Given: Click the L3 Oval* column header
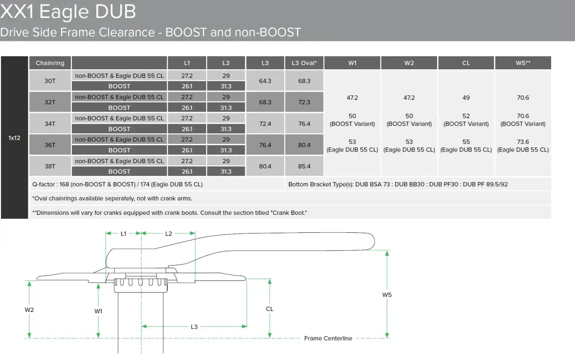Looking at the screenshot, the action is click(304, 63).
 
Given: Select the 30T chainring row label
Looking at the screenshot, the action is click(50, 81).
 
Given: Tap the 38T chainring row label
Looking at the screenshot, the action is click(50, 166).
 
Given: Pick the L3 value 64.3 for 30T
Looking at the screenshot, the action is click(265, 81).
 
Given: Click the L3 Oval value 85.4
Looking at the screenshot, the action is click(304, 166).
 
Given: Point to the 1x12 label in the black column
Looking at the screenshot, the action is click(14, 138).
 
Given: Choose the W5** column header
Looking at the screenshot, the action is click(523, 63).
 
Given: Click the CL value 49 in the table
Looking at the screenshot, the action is click(466, 98).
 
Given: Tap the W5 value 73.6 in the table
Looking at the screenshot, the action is click(523, 142).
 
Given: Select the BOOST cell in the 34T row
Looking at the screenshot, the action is click(119, 129).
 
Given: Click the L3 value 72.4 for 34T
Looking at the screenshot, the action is click(265, 124).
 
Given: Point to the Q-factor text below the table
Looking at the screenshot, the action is click(117, 184).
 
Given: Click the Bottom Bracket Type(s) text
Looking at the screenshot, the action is click(398, 184).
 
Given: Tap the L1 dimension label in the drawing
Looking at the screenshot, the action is click(124, 234).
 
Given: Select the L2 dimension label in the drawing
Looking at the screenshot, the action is click(168, 234).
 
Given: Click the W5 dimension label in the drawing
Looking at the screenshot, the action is click(387, 295).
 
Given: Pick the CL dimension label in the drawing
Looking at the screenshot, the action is click(270, 309).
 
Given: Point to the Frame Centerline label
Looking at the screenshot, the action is click(328, 338).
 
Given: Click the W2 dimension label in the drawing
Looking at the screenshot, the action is click(29, 310).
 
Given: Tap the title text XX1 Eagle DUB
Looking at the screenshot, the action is click(68, 12).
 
